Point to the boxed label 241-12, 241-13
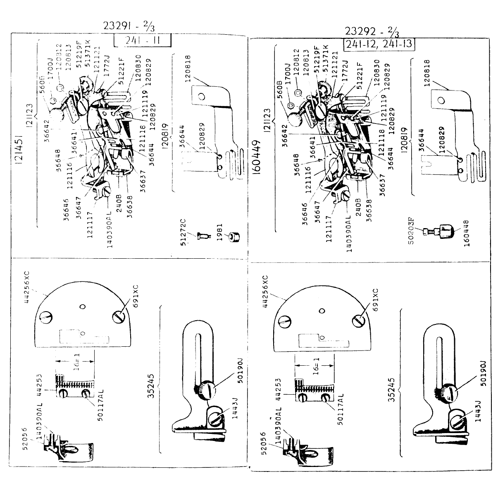pyautogui.click(x=379, y=43)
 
